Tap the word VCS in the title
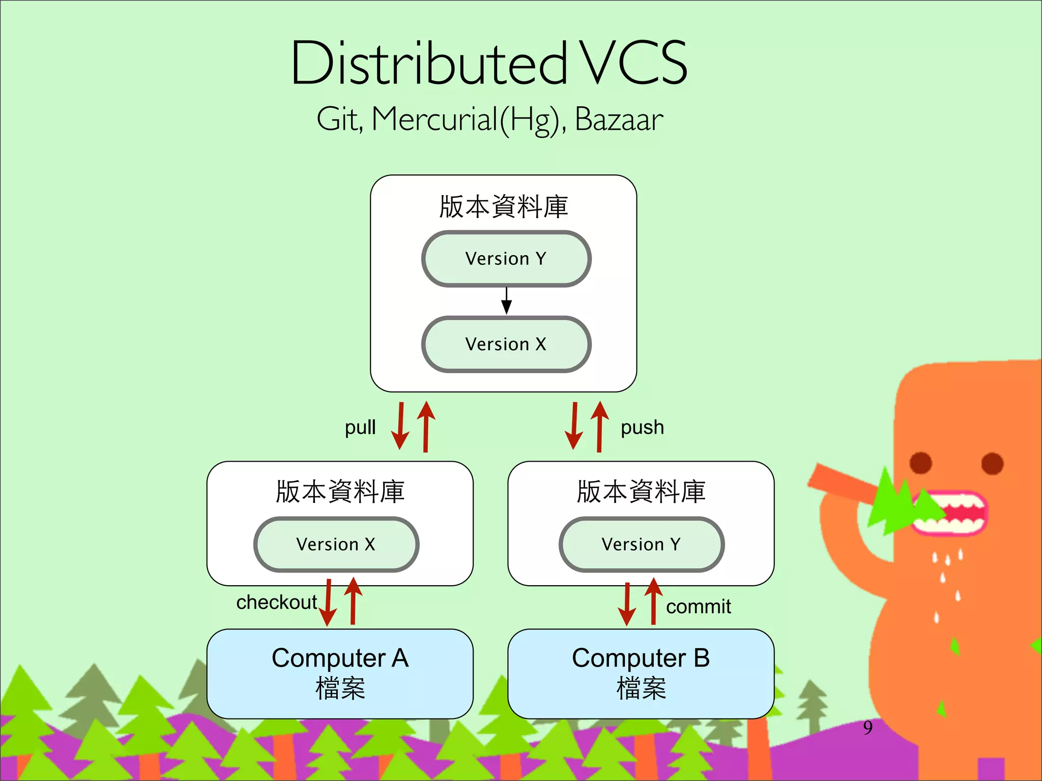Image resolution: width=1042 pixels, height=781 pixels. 634,63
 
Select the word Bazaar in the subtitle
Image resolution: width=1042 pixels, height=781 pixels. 619,120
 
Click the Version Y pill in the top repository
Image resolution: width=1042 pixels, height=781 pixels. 506,259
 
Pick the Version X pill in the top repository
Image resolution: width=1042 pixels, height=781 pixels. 506,344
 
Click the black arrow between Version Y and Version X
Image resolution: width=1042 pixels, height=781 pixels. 506,301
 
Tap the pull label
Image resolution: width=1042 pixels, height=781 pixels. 360,428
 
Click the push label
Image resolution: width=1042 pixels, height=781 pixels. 642,428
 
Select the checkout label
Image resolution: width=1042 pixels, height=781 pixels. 276,603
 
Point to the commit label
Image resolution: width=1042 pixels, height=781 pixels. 698,607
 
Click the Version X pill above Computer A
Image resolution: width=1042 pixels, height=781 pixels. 336,545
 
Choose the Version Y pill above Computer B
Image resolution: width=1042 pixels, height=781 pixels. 641,545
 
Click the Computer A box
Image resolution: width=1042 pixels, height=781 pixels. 340,674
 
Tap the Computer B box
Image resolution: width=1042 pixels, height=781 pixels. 641,674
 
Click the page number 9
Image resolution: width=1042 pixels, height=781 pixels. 867,728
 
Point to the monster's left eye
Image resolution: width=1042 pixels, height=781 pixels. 920,463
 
